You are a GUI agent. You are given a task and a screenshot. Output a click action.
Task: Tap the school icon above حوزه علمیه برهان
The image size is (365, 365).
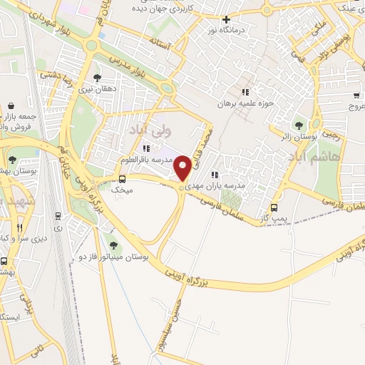(246, 92)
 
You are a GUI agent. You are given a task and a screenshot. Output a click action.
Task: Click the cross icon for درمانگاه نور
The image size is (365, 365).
(227, 20)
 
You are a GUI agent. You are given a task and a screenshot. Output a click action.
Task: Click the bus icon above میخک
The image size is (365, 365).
(122, 179)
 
